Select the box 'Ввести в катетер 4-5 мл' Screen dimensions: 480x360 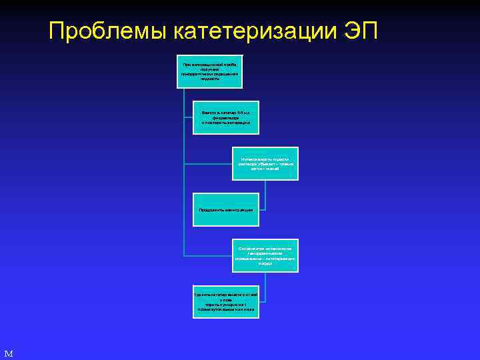coord(225,117)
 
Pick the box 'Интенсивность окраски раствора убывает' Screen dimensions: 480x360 coord(266,164)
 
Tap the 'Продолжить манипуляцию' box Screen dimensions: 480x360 coord(225,209)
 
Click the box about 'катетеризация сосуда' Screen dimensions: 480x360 coord(266,255)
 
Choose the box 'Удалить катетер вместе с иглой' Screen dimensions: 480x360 coord(225,301)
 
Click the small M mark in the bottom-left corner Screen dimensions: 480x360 coord(8,353)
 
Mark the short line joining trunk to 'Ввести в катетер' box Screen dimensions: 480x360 coord(188,117)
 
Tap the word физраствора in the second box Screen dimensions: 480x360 coord(225,118)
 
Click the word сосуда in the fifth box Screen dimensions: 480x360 coord(266,264)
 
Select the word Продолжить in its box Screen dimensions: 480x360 coord(212,210)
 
